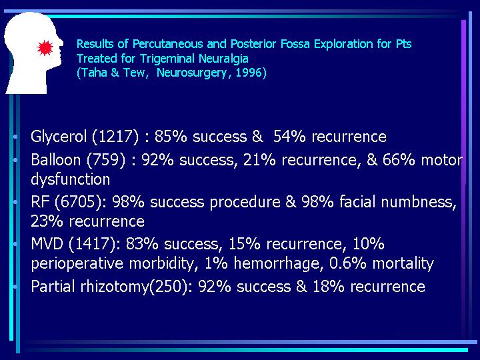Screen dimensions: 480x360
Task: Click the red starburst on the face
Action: click(x=45, y=48)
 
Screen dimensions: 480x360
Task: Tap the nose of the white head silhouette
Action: click(x=61, y=42)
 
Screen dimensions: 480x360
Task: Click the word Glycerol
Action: click(x=59, y=137)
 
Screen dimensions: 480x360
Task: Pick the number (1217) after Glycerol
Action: click(x=115, y=137)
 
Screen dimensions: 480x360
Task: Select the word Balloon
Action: click(x=56, y=160)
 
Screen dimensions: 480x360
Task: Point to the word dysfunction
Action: click(x=71, y=179)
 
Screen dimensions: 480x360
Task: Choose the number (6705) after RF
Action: click(x=78, y=202)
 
